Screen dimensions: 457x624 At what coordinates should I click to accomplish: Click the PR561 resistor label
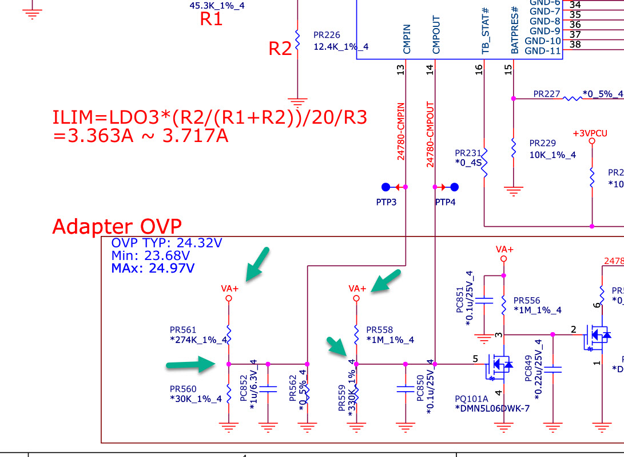coord(183,330)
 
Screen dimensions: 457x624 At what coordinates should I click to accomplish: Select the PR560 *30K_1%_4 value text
coord(196,399)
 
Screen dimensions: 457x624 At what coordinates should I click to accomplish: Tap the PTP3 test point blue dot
coord(385,187)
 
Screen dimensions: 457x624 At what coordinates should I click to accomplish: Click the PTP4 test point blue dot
coord(455,187)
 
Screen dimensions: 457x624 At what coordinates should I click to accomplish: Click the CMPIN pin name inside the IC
coord(407,40)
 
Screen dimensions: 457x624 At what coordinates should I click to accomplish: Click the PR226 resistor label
coord(327,35)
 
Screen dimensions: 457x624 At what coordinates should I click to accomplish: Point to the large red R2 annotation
coord(280,49)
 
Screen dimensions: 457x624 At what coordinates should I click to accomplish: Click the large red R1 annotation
coord(211,19)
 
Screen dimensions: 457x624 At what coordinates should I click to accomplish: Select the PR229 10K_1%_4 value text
coord(553,155)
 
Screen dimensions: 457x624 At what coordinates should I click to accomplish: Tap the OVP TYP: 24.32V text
coord(166,243)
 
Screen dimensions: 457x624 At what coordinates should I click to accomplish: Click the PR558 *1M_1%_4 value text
coord(390,340)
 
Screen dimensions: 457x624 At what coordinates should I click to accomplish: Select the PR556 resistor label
coord(526,301)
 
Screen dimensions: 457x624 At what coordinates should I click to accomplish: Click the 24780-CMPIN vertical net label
coord(402,131)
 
